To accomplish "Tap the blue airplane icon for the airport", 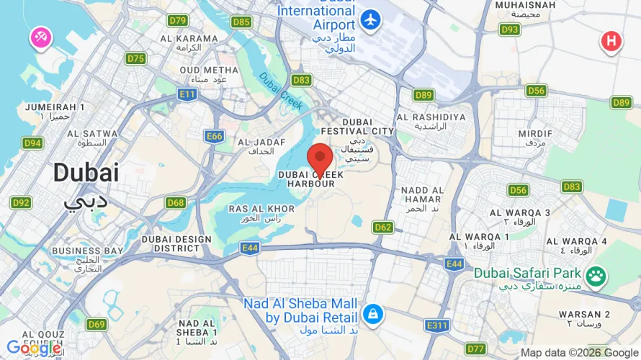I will coord(372,20).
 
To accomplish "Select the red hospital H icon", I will coord(611,41).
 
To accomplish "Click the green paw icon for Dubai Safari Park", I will coord(596,275).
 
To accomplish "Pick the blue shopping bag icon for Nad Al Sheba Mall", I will coord(372,313).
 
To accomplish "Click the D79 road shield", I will coord(178,20).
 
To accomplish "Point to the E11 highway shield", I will coord(188,94).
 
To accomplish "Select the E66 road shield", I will coord(214,136).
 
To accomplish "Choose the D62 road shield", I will coord(383,228).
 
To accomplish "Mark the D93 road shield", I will coord(510,30).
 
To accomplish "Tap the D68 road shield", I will coord(176,203).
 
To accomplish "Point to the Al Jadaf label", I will coord(256,147).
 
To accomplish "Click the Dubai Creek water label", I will coord(276,89).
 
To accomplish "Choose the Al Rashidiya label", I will coord(431,121).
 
